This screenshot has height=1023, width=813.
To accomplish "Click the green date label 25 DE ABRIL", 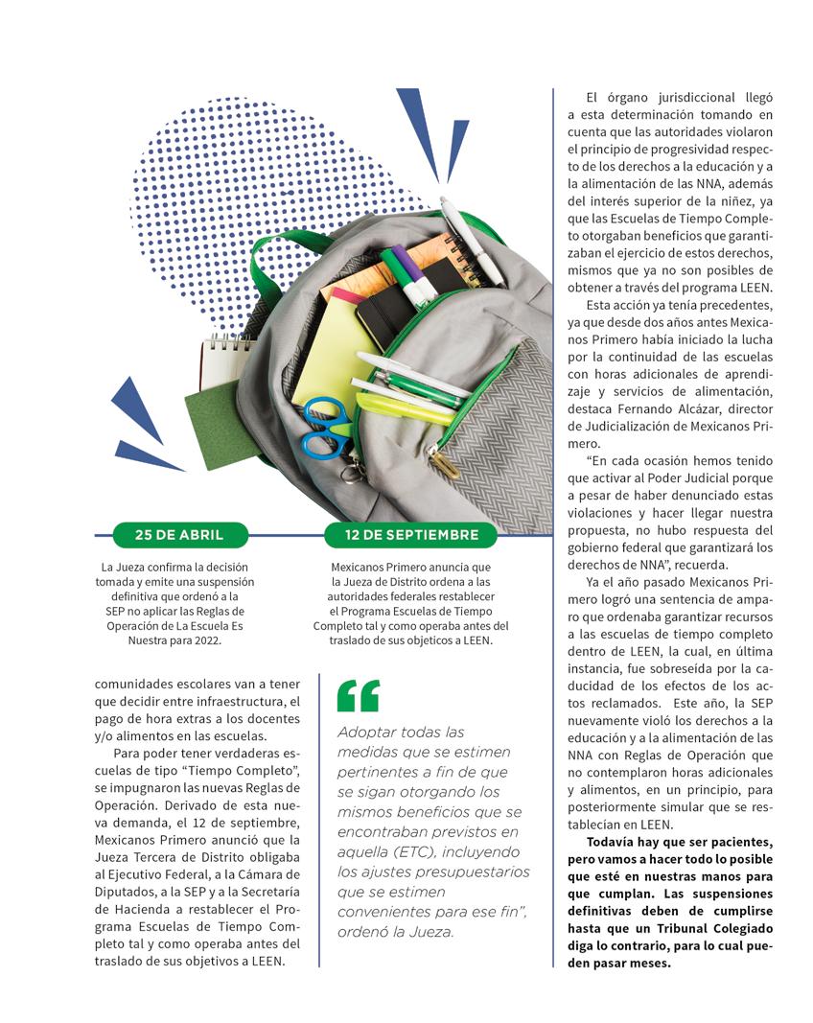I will tap(179, 535).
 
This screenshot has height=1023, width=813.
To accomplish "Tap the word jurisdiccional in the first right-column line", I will tap(682, 98).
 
